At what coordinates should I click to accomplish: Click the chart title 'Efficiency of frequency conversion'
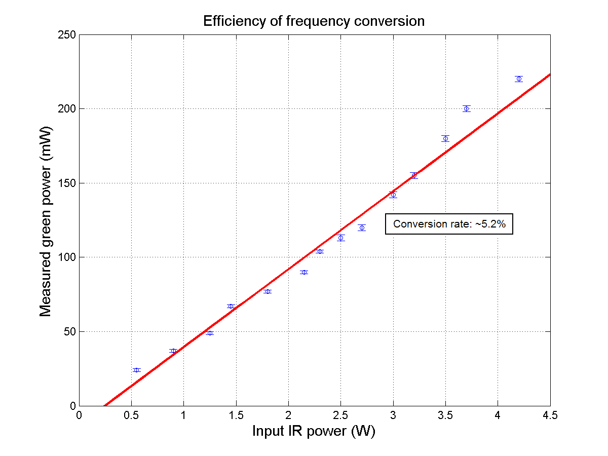pyautogui.click(x=314, y=21)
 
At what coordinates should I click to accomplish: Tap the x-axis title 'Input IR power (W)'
pyautogui.click(x=314, y=432)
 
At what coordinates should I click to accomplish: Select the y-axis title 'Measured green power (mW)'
pyautogui.click(x=46, y=220)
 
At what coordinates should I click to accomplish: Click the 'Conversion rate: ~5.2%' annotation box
pyautogui.click(x=449, y=224)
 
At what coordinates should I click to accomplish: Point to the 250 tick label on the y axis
pyautogui.click(x=67, y=35)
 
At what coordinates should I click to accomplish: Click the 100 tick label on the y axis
pyautogui.click(x=67, y=257)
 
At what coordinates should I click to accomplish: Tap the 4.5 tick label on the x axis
pyautogui.click(x=550, y=416)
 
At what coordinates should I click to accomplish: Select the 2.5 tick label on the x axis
pyautogui.click(x=340, y=416)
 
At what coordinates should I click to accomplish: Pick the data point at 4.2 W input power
pyautogui.click(x=519, y=79)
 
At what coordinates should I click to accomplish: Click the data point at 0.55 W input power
pyautogui.click(x=136, y=370)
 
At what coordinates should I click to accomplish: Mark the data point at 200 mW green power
pyautogui.click(x=467, y=108)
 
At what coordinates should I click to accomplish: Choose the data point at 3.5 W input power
pyautogui.click(x=445, y=138)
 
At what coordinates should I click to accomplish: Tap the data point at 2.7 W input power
pyautogui.click(x=362, y=227)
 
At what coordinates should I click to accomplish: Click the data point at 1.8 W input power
pyautogui.click(x=268, y=291)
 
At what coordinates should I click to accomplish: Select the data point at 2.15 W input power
pyautogui.click(x=304, y=272)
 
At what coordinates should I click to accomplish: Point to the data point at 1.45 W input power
pyautogui.click(x=231, y=306)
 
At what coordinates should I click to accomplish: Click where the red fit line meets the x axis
pyautogui.click(x=104, y=405)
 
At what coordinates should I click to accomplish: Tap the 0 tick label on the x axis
pyautogui.click(x=79, y=416)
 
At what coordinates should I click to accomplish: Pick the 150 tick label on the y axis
pyautogui.click(x=67, y=183)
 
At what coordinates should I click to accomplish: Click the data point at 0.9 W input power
pyautogui.click(x=173, y=351)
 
